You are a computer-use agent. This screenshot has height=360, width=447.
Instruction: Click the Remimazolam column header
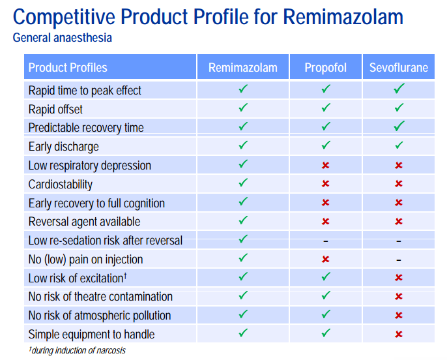242,68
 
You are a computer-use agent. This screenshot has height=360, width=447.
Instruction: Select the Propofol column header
325,68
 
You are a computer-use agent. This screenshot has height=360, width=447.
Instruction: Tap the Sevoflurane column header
398,68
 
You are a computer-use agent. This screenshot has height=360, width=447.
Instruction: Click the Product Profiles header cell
68,68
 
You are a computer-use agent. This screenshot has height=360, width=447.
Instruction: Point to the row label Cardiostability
61,185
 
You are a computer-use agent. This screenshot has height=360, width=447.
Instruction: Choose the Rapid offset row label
55,110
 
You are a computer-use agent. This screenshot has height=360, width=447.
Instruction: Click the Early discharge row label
64,147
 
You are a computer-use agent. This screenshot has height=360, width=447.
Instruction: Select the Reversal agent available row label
84,222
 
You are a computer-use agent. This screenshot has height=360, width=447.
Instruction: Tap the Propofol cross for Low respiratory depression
326,166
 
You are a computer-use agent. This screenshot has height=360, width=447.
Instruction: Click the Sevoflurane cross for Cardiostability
399,185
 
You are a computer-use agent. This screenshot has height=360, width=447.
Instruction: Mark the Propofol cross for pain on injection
326,260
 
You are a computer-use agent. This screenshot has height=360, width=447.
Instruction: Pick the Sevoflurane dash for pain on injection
399,260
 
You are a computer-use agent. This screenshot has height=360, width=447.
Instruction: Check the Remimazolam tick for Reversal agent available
243,222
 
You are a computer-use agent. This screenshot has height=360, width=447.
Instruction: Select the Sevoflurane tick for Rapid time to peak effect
399,90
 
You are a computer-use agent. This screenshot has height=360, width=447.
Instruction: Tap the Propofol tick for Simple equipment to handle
326,334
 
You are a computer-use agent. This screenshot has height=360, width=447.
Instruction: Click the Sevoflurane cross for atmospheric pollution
399,316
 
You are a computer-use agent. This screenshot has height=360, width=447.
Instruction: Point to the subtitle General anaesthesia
63,37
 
